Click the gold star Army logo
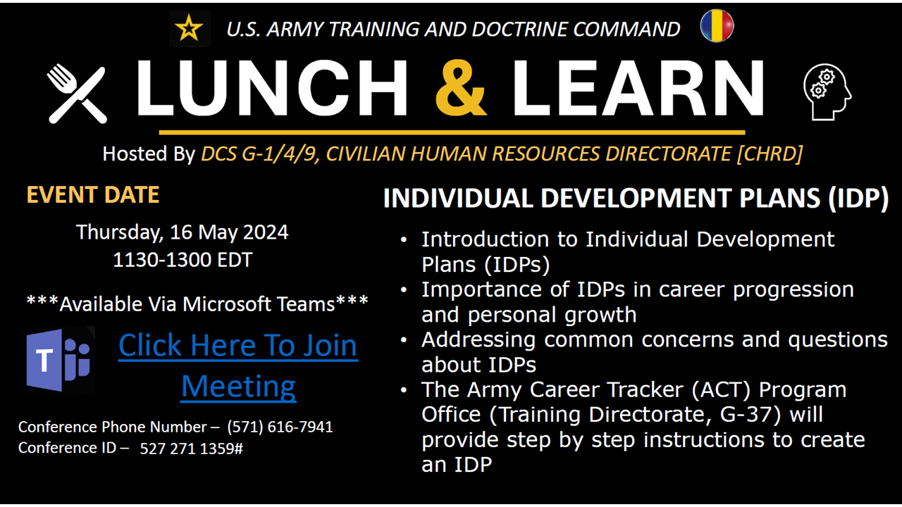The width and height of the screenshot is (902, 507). point(190,28)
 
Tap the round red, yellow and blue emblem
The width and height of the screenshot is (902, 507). point(717,26)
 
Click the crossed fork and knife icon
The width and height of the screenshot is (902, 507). point(78,94)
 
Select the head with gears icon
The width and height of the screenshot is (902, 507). point(827,92)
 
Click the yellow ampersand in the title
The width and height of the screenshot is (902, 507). point(460,88)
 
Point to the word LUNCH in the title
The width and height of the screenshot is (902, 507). point(272,88)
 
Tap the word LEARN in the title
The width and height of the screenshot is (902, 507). point(638,88)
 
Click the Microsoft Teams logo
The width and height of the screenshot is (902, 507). point(58,360)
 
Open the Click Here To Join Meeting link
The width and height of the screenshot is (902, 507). point(238,365)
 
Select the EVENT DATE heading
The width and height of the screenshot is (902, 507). point(93,195)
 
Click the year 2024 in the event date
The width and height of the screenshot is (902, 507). point(266,232)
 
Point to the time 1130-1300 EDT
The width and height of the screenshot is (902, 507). point(183,260)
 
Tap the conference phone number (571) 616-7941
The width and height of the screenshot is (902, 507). point(280,427)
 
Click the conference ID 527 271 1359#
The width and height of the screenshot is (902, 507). point(191,449)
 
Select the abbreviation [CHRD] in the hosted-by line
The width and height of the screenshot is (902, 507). point(770,154)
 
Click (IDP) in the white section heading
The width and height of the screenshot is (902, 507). point(858,198)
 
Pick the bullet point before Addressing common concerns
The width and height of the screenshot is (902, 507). point(404,340)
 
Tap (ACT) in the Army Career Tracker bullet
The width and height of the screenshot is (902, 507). point(721,389)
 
